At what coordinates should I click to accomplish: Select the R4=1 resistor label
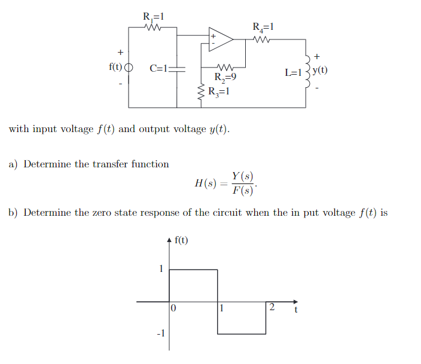click(263, 27)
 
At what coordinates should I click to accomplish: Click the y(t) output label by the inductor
click(320, 70)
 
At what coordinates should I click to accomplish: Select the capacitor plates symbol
click(178, 69)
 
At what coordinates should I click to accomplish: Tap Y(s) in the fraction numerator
click(243, 176)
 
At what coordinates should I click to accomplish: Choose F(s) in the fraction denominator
click(243, 191)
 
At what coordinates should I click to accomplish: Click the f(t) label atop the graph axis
click(181, 240)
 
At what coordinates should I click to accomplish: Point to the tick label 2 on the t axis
click(271, 308)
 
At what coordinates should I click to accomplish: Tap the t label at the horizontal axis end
click(295, 310)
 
